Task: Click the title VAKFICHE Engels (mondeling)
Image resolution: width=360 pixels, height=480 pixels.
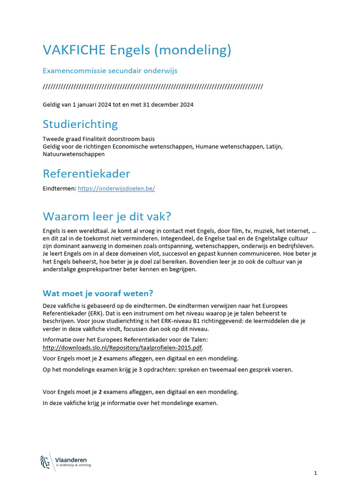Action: pyautogui.click(x=137, y=50)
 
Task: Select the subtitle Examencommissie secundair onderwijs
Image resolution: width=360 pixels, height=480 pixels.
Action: pyautogui.click(x=110, y=71)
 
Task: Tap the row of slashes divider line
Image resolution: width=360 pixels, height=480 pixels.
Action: pyautogui.click(x=152, y=87)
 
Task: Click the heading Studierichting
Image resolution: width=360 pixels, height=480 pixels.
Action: pyautogui.click(x=80, y=124)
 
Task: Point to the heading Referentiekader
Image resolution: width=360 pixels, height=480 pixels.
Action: pyautogui.click(x=86, y=174)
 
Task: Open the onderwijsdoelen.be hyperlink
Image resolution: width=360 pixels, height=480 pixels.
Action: pyautogui.click(x=116, y=188)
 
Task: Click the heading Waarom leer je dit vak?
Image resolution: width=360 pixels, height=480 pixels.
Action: pyautogui.click(x=107, y=217)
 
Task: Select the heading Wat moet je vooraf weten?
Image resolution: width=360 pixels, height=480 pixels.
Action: pyautogui.click(x=98, y=293)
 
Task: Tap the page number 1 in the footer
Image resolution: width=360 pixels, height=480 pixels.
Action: pyautogui.click(x=316, y=472)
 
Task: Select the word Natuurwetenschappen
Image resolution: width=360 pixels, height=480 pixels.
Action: pyautogui.click(x=74, y=154)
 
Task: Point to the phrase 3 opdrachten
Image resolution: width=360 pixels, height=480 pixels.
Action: pyautogui.click(x=143, y=369)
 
